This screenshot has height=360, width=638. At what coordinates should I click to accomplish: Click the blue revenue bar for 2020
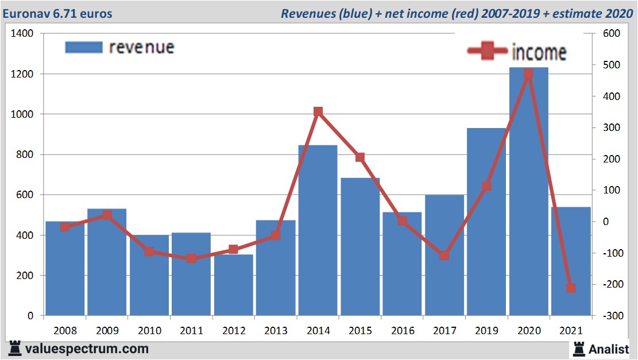coord(528,192)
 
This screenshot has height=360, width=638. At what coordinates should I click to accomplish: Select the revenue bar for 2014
coord(318,230)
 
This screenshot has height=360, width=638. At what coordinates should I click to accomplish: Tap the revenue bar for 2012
coord(233,285)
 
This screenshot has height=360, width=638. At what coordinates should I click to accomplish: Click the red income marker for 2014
coord(318,111)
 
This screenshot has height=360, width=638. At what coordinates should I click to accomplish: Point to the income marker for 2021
coord(571,288)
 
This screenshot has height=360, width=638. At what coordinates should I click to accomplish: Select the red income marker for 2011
coord(191,258)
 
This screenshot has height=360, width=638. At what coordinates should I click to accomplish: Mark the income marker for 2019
coord(486,186)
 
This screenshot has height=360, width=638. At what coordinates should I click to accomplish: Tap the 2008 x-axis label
coord(65,331)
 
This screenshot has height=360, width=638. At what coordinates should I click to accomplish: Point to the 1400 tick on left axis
coord(22,34)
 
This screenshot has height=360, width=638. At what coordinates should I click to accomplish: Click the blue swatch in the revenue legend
coord(83,47)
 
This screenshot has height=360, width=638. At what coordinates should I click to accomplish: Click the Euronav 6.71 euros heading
coord(57,13)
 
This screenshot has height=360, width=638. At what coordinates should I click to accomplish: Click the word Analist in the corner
coord(609,349)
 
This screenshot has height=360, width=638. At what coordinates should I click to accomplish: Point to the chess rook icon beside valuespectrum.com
coord(16,348)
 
